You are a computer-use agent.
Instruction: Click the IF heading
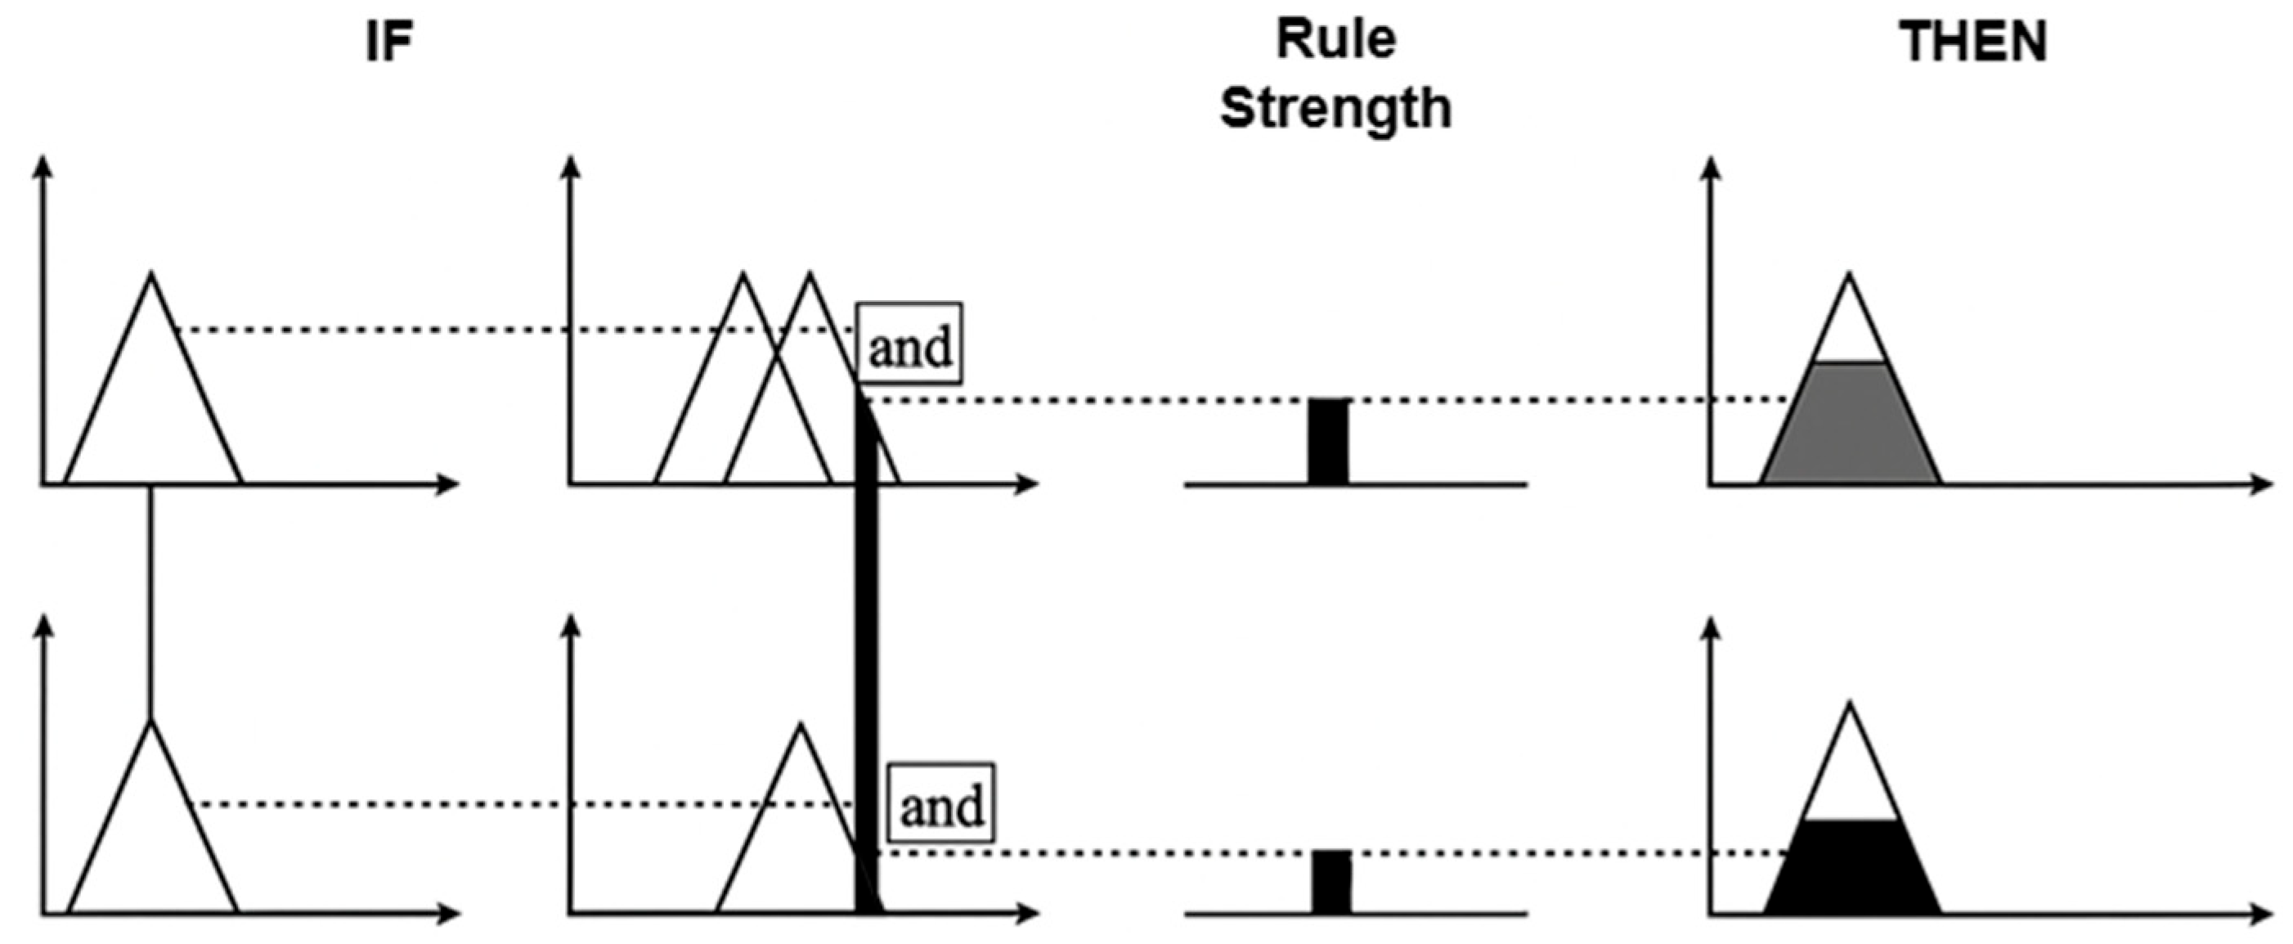[x=389, y=43]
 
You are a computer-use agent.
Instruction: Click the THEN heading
[x=1972, y=42]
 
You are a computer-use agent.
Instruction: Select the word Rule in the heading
[x=1335, y=39]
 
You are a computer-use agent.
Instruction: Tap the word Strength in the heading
[x=1335, y=109]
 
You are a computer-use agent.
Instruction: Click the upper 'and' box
[x=909, y=344]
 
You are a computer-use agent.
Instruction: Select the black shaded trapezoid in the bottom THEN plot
[x=1851, y=867]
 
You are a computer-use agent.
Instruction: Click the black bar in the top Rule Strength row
[x=1328, y=442]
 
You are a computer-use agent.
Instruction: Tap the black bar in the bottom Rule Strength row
[x=1330, y=882]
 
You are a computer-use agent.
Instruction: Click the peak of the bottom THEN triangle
[x=1851, y=704]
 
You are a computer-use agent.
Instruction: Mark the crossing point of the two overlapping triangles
[x=777, y=356]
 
